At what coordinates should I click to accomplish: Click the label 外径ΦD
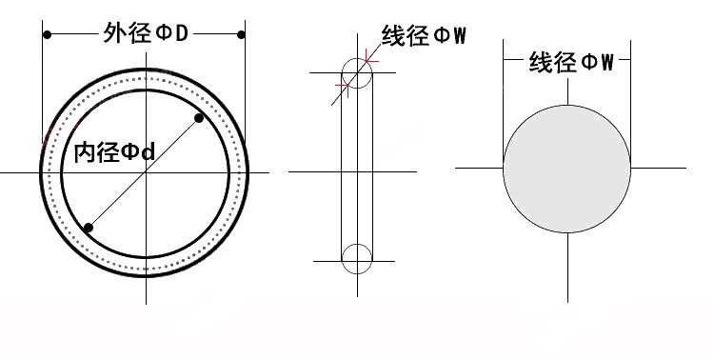pyautogui.click(x=146, y=33)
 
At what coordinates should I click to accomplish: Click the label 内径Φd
pyautogui.click(x=115, y=152)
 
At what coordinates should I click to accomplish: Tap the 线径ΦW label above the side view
pyautogui.click(x=424, y=35)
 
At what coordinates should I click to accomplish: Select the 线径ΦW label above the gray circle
pyautogui.click(x=571, y=62)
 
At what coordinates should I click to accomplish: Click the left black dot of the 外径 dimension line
pyautogui.click(x=47, y=34)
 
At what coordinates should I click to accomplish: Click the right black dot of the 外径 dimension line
pyautogui.click(x=241, y=34)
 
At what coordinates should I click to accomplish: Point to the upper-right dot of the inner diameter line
pyautogui.click(x=199, y=118)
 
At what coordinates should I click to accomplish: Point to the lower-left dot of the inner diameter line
pyautogui.click(x=89, y=228)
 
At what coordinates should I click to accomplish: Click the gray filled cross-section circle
pyautogui.click(x=567, y=170)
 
